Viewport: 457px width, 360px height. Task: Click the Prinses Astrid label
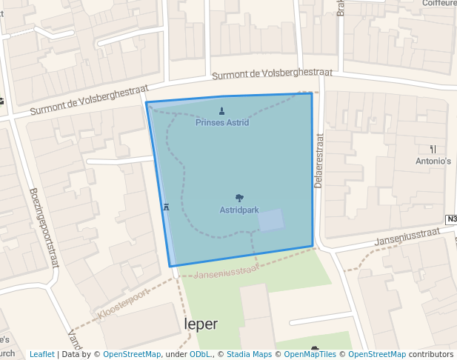222,122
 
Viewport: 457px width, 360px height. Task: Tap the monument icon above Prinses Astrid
222,112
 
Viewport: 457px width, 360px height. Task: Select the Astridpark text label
238,210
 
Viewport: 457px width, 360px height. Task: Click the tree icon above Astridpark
238,198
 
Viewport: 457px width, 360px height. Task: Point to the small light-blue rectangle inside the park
270,220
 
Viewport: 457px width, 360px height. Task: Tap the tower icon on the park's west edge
165,207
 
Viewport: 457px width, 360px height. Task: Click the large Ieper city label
201,324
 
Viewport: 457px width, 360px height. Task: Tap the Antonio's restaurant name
433,161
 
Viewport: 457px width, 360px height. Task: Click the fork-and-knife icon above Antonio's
433,149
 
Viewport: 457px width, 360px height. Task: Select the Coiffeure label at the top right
438,4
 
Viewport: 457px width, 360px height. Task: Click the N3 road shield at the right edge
451,219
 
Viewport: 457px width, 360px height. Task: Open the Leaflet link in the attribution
42,354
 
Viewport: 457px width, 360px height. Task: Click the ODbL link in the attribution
200,354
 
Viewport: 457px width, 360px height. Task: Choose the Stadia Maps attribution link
249,354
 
